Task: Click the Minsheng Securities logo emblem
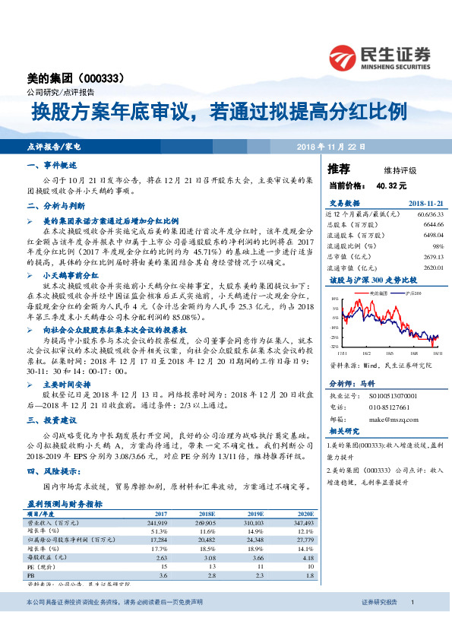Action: tap(343, 57)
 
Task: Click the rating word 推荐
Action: tap(339, 169)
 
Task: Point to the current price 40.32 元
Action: tap(391, 185)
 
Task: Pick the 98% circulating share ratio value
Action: tap(437, 246)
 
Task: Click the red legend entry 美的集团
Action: tap(378, 292)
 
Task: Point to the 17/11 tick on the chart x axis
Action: tap(341, 353)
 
